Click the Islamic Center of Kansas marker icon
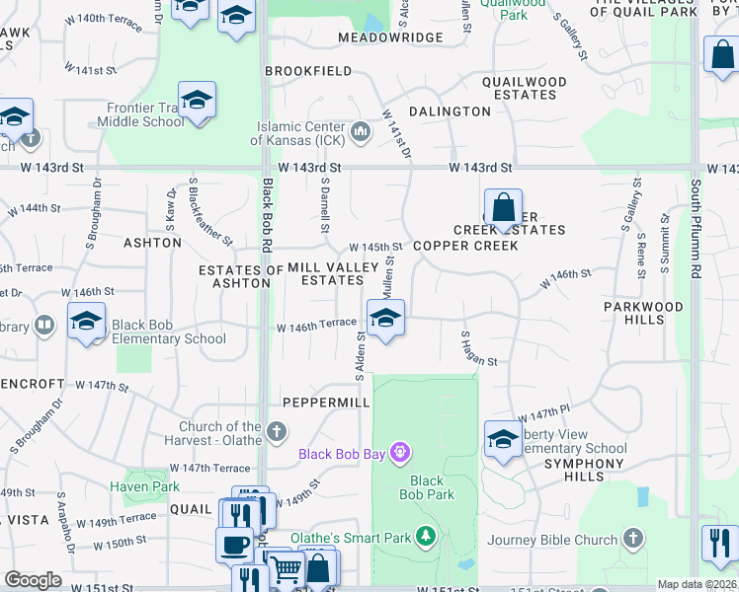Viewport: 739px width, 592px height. point(361,130)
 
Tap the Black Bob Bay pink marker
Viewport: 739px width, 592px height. point(399,454)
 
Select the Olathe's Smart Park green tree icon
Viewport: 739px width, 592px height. point(426,537)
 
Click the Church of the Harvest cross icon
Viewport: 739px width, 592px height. point(278,431)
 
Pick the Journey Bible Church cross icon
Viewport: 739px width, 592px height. point(632,539)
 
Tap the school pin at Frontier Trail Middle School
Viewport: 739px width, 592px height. point(198,101)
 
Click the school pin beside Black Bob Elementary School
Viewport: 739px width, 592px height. point(86,322)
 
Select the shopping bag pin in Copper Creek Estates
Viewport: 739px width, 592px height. point(503,208)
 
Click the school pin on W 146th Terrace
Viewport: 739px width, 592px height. point(385,319)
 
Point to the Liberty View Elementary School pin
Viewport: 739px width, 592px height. point(503,440)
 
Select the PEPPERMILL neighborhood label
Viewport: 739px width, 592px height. point(325,403)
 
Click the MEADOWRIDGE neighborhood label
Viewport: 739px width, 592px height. point(390,37)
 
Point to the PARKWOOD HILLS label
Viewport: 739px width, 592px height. point(643,313)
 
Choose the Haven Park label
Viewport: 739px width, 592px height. point(144,486)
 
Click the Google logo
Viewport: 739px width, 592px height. point(34,580)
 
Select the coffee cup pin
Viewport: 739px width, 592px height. point(235,544)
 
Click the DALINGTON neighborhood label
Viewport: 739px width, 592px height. point(450,111)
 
